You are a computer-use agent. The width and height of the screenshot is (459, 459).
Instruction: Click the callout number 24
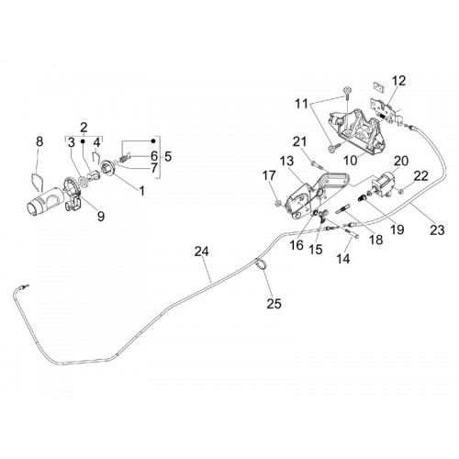tap(202, 252)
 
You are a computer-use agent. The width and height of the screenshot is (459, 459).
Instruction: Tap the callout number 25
tap(274, 304)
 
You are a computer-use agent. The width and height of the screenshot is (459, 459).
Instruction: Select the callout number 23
tap(437, 230)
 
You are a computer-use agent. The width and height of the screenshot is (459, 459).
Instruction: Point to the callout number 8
tap(39, 141)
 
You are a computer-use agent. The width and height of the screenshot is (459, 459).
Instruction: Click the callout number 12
tap(399, 81)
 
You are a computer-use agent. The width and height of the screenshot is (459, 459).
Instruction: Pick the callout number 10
tap(351, 160)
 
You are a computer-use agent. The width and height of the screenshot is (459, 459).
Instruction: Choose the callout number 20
tap(401, 161)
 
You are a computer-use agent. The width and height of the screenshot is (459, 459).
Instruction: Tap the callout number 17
tap(269, 175)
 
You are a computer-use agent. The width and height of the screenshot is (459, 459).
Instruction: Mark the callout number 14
tap(343, 259)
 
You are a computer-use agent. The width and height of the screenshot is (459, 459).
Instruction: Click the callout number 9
tap(101, 217)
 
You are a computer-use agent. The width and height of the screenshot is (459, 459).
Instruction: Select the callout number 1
tap(141, 191)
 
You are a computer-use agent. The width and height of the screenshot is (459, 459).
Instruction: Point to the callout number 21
tap(299, 141)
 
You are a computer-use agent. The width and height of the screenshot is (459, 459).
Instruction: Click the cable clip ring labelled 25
tap(261, 264)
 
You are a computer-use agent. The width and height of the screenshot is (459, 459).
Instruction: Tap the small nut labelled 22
tap(402, 191)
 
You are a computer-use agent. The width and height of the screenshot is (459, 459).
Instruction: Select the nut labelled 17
tap(278, 203)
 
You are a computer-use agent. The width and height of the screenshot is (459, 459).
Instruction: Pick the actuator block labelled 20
tap(383, 183)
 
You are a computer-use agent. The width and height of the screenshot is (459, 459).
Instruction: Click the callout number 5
tap(168, 156)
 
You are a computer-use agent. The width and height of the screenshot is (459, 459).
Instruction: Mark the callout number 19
tap(397, 229)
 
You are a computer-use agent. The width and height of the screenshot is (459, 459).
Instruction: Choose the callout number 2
tap(84, 127)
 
